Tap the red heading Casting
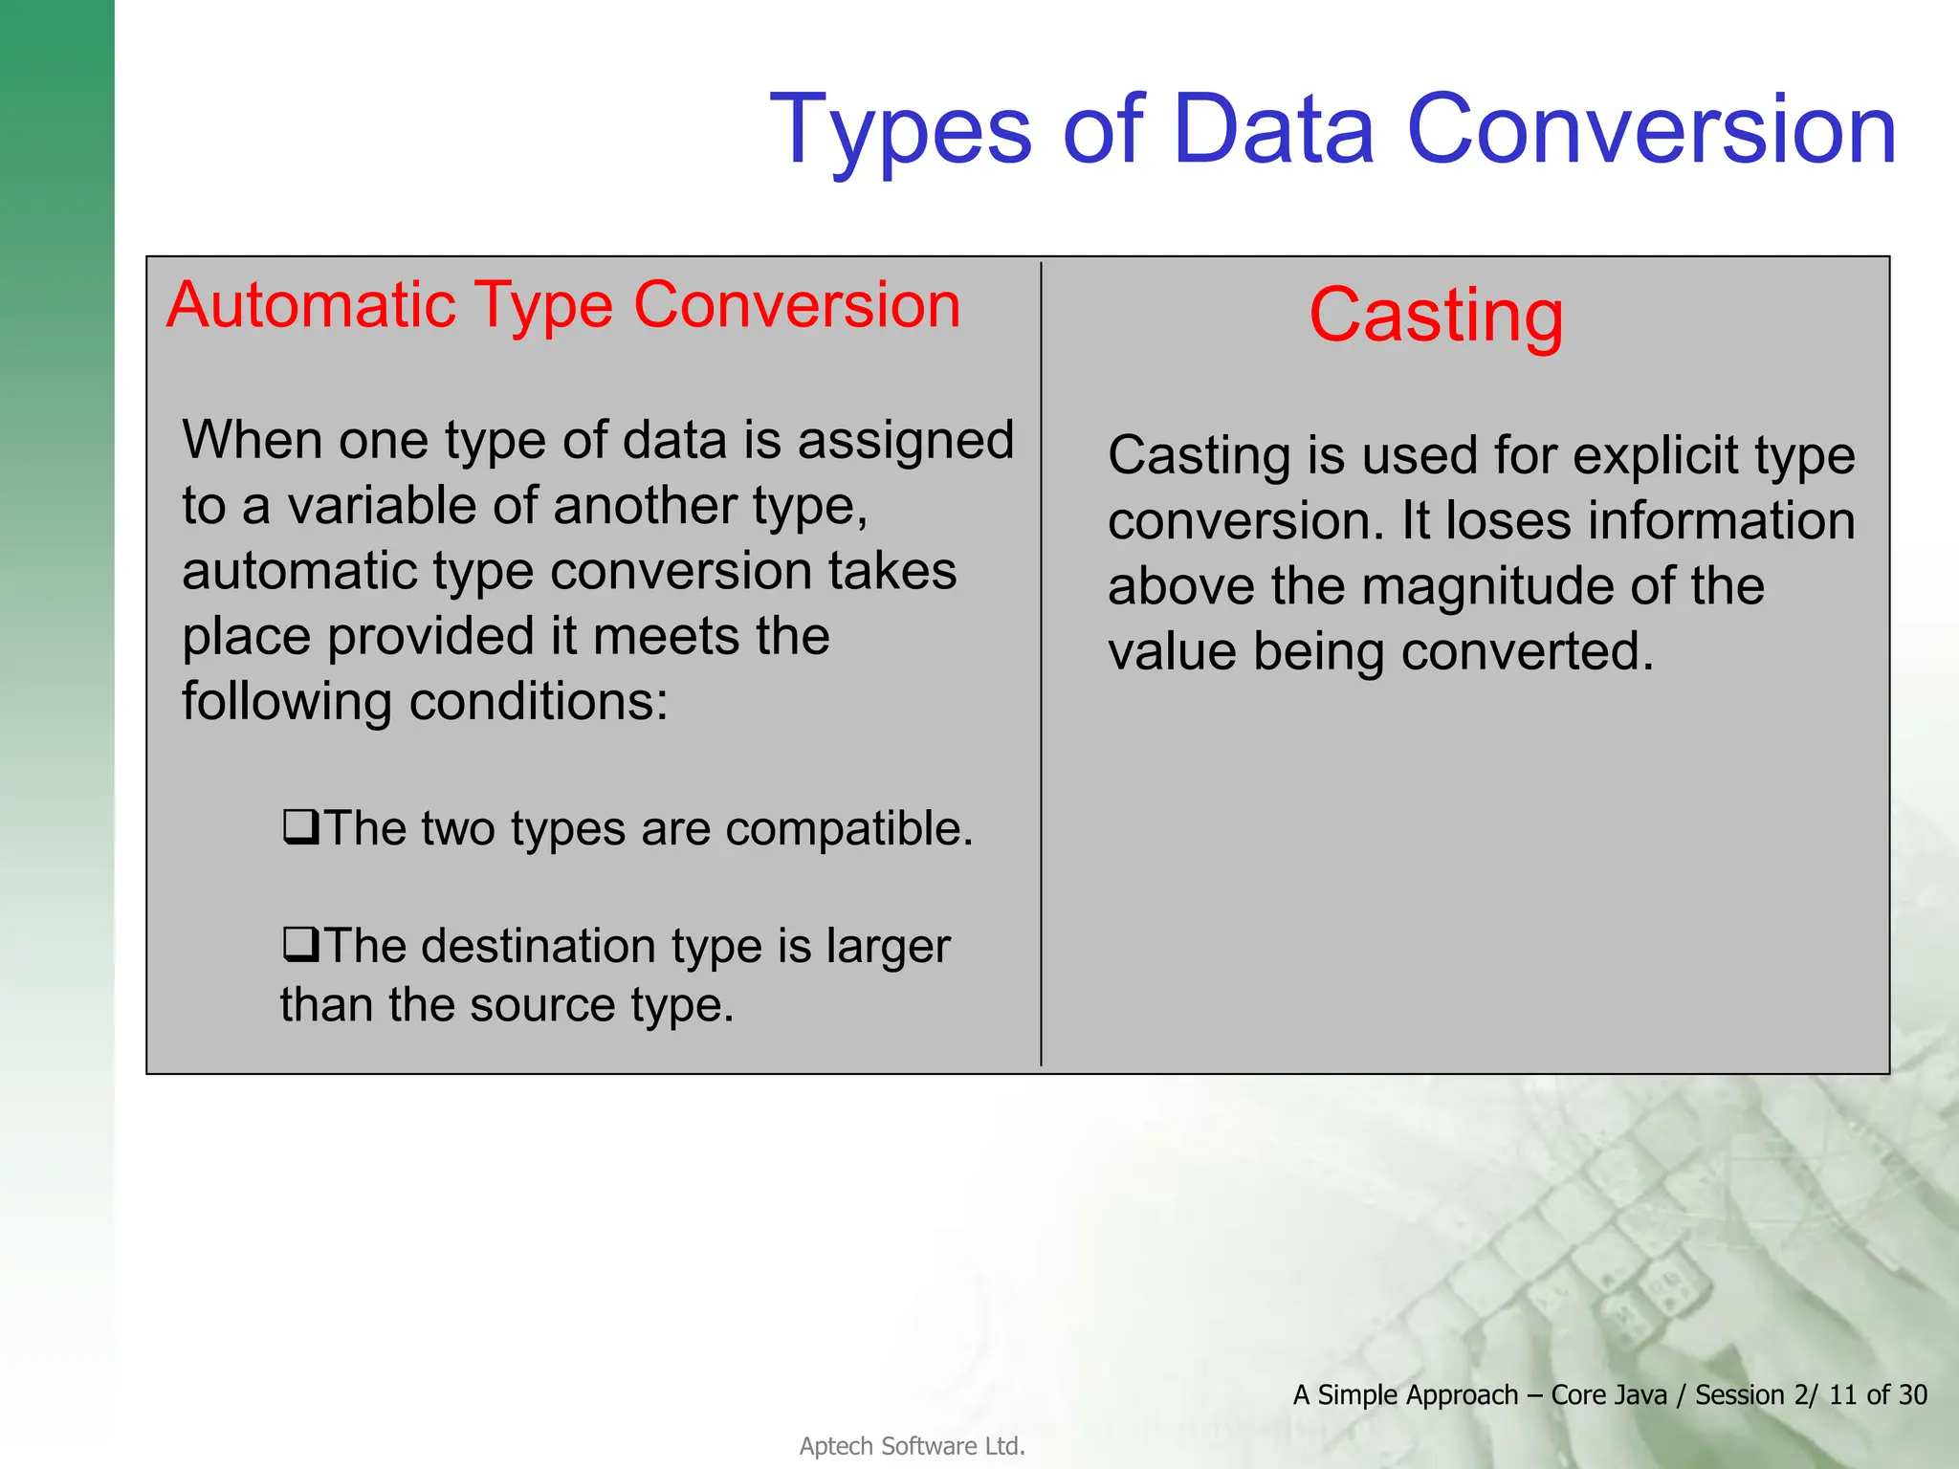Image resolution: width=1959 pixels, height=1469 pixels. [x=1436, y=316]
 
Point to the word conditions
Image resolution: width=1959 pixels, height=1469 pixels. [x=538, y=702]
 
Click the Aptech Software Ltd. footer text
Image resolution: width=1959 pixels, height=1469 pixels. [x=912, y=1446]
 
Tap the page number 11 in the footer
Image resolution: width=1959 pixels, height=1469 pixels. [x=1843, y=1395]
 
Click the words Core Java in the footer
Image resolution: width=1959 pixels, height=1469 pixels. [x=1609, y=1395]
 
